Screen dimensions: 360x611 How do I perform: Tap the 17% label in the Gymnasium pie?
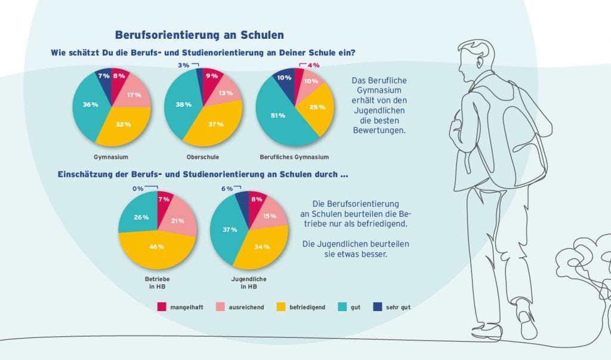click(134, 95)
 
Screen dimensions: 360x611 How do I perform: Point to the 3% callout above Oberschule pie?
click(184, 65)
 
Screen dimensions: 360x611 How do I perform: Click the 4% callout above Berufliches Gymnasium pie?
click(313, 65)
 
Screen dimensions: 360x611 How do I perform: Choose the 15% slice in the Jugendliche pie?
click(269, 216)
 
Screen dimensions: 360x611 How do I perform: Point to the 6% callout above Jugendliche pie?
click(227, 189)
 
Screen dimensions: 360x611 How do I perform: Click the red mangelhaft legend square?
click(162, 307)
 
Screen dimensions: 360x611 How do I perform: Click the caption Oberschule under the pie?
click(203, 157)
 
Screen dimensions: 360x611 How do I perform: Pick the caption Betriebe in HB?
click(158, 282)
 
